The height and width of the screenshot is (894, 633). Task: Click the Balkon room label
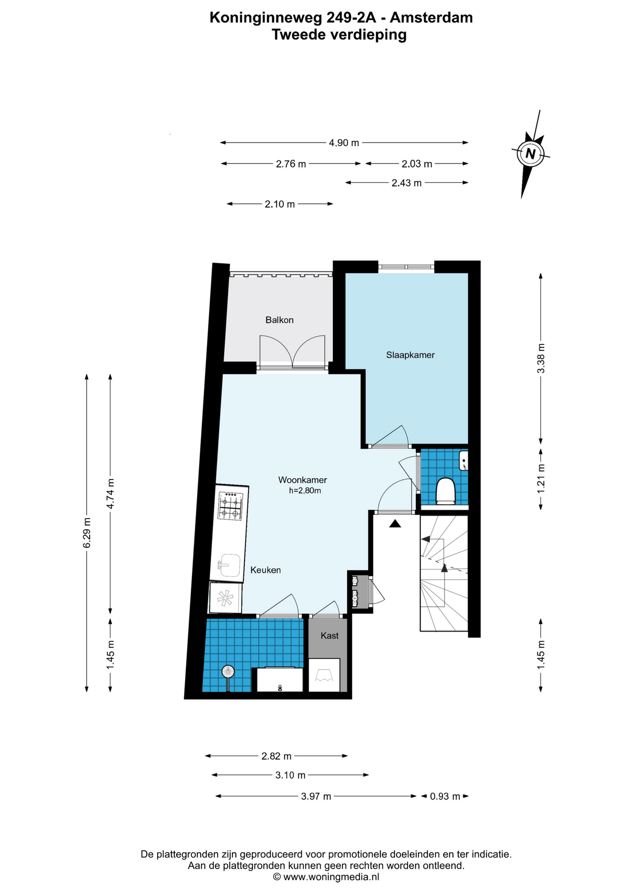[279, 320]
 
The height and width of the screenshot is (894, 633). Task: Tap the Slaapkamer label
[410, 355]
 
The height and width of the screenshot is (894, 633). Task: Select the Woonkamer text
[303, 480]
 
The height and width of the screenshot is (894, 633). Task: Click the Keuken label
[265, 570]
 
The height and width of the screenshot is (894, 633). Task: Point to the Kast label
[330, 636]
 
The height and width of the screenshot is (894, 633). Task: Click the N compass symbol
[530, 153]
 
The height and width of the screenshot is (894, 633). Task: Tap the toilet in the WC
[445, 491]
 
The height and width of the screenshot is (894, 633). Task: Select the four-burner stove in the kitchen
[231, 506]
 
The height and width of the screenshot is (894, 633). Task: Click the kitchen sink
[229, 565]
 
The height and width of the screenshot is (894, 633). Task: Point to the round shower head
[227, 671]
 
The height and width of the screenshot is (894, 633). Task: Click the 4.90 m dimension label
[344, 143]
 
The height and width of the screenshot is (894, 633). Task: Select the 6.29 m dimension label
[87, 533]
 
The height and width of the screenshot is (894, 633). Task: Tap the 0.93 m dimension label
[445, 796]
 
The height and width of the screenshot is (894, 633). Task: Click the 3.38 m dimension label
[541, 358]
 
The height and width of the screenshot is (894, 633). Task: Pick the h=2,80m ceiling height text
[305, 490]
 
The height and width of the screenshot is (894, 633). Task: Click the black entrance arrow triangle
[395, 524]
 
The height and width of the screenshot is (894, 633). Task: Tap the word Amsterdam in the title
[431, 18]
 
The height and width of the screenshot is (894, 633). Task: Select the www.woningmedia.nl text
[331, 877]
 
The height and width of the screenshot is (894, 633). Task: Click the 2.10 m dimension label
[280, 204]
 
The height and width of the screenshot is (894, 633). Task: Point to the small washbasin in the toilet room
[463, 461]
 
